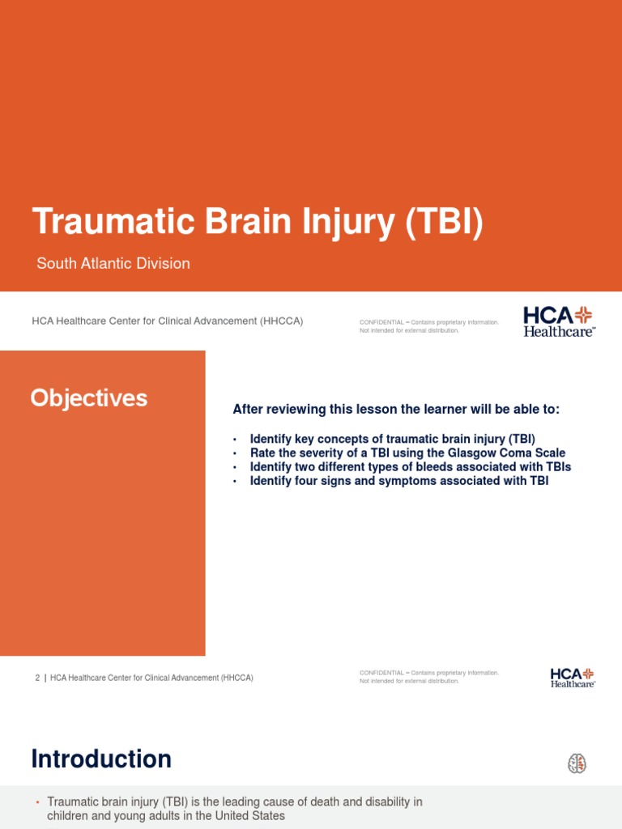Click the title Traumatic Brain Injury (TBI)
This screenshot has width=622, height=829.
point(257,223)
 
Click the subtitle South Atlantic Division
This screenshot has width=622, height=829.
point(113,263)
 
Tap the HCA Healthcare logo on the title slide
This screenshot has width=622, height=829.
point(559,321)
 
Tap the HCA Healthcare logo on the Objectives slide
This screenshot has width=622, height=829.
point(573,677)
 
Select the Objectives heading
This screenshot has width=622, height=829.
point(89,397)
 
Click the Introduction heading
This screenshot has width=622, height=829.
point(101,759)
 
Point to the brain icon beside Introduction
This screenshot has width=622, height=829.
point(577,763)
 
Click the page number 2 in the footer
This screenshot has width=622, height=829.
point(37,678)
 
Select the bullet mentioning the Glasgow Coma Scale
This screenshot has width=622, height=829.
point(407,453)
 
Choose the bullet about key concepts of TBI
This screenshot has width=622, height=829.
point(392,438)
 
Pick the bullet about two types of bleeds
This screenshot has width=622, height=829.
point(410,467)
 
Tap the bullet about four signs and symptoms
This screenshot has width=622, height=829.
point(398,482)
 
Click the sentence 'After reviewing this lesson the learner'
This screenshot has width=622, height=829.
point(396,410)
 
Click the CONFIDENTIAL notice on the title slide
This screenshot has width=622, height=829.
point(428,325)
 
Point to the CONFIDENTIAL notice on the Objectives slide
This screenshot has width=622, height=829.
point(428,676)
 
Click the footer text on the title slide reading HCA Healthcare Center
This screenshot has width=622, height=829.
point(167,321)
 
